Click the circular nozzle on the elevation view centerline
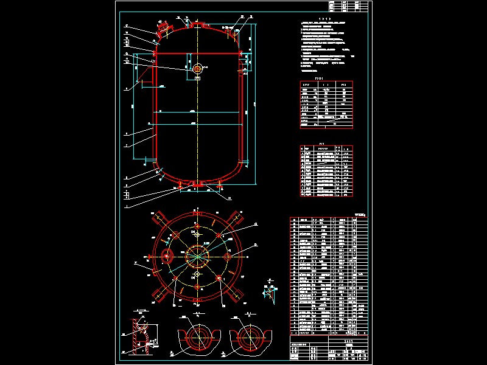click(197, 69)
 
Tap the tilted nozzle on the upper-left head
click(163, 28)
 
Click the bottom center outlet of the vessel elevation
click(197, 184)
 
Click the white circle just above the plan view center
click(197, 233)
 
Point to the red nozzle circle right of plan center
click(228, 257)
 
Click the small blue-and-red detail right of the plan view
click(268, 290)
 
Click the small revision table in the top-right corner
click(348, 6)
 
